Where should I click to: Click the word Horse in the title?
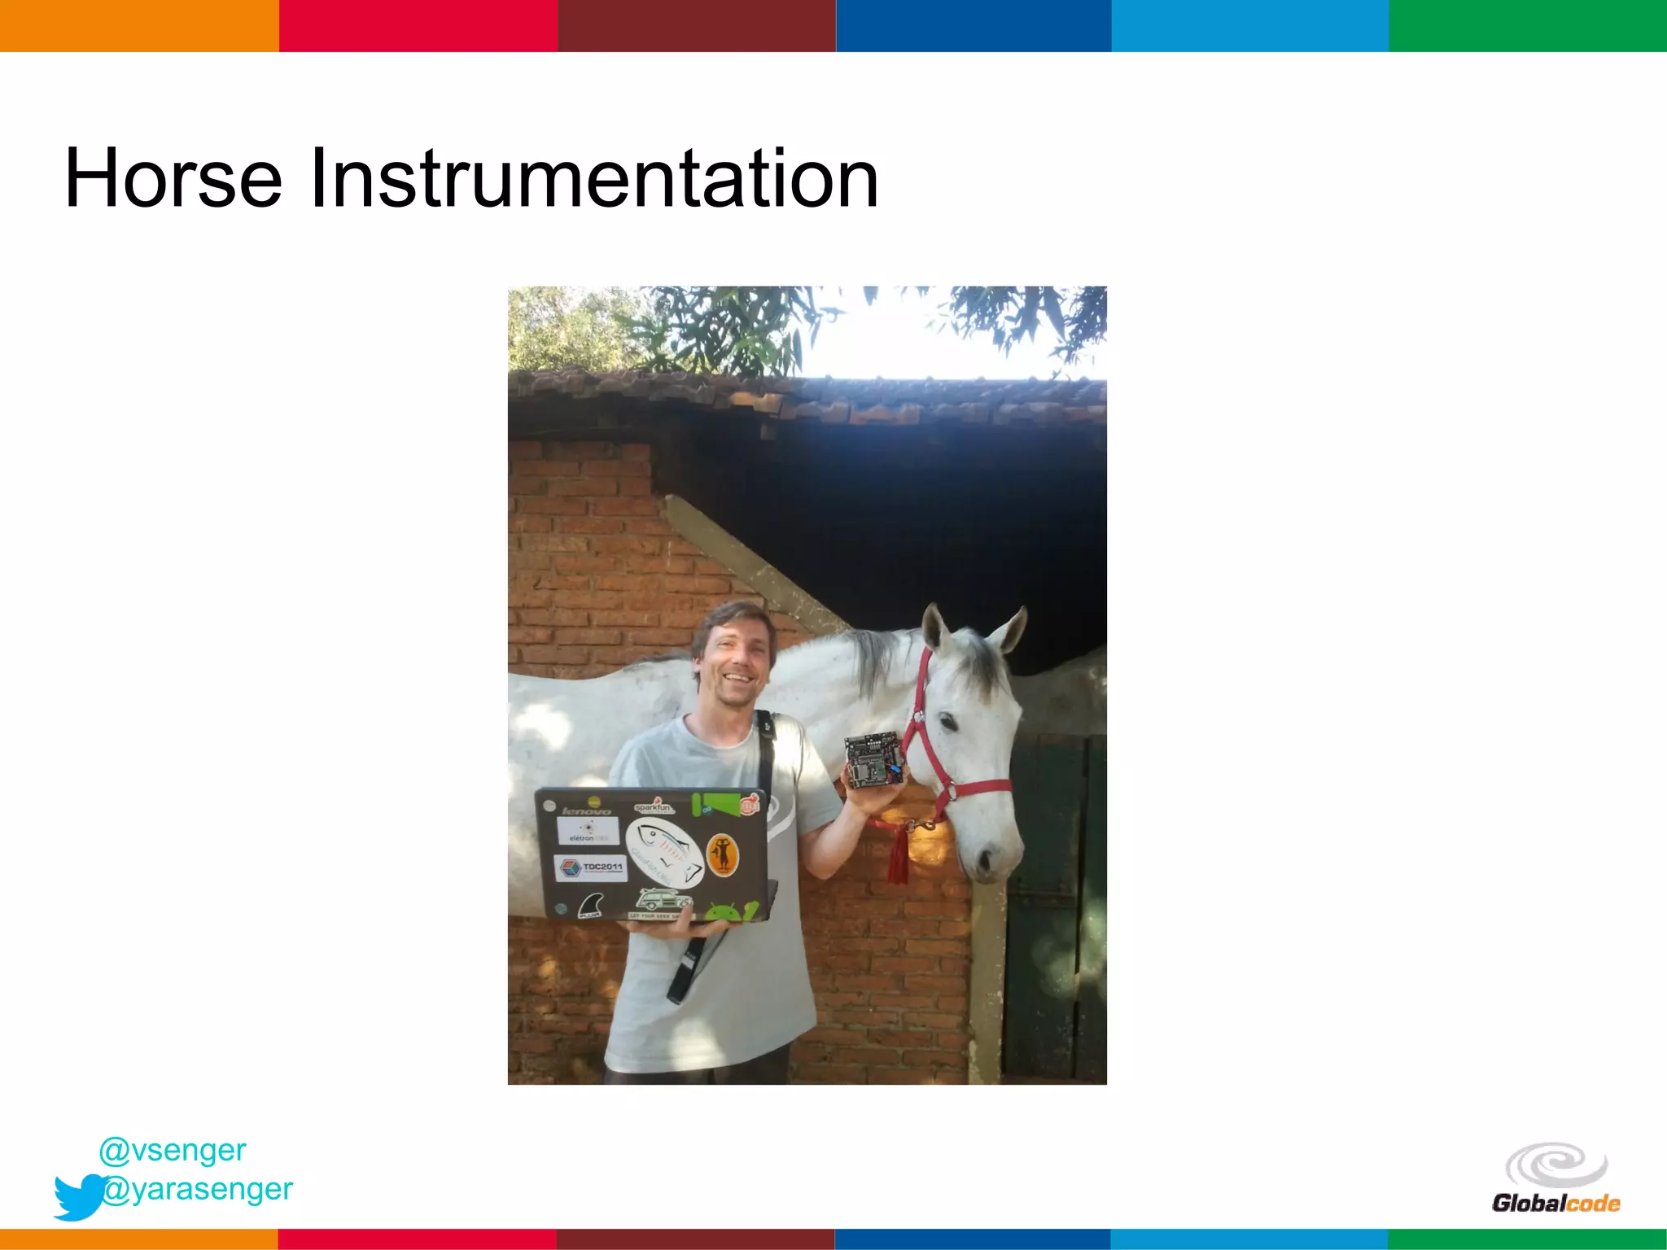[x=173, y=179]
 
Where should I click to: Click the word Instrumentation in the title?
[x=594, y=179]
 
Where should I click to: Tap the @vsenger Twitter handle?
[x=172, y=1149]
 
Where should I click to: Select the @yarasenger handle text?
[x=198, y=1189]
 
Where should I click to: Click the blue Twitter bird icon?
[x=78, y=1196]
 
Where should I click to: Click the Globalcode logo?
[x=1555, y=1178]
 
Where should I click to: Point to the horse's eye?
[x=949, y=721]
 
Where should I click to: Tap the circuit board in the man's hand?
[x=874, y=758]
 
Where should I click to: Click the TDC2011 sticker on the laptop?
[x=589, y=868]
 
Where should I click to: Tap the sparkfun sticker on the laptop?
[x=654, y=807]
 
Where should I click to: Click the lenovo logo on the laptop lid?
[x=586, y=811]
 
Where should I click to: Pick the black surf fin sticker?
[x=591, y=906]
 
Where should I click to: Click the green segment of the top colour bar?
[x=1527, y=26]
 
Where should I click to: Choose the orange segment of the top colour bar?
[x=138, y=26]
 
